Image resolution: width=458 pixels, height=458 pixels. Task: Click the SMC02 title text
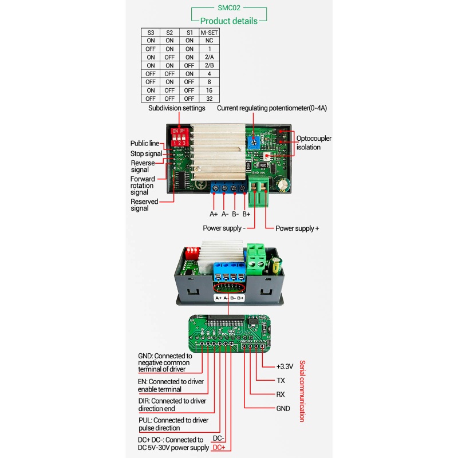(228, 9)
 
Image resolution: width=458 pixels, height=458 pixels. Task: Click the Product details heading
(228, 21)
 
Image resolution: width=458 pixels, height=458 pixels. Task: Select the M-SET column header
(208, 33)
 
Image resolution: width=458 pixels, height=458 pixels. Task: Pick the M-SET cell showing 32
(208, 98)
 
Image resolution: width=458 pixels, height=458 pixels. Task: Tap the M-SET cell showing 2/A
(208, 57)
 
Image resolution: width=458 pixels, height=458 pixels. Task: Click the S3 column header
(151, 33)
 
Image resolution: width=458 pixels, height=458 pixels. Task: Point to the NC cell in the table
(208, 41)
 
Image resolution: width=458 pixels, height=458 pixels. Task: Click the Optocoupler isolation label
(314, 142)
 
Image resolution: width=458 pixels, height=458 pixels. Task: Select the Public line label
(144, 143)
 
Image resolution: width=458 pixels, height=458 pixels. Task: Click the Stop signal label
(145, 153)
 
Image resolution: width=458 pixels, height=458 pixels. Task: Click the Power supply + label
(297, 228)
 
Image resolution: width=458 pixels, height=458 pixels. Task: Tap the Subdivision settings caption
(176, 108)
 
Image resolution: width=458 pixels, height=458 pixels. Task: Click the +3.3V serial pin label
(285, 366)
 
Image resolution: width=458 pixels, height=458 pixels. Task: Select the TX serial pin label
(281, 380)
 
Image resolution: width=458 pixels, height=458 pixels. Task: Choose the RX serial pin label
(281, 394)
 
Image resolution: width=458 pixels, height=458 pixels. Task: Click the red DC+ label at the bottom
(219, 447)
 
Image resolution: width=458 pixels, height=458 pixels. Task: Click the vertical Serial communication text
(302, 390)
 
